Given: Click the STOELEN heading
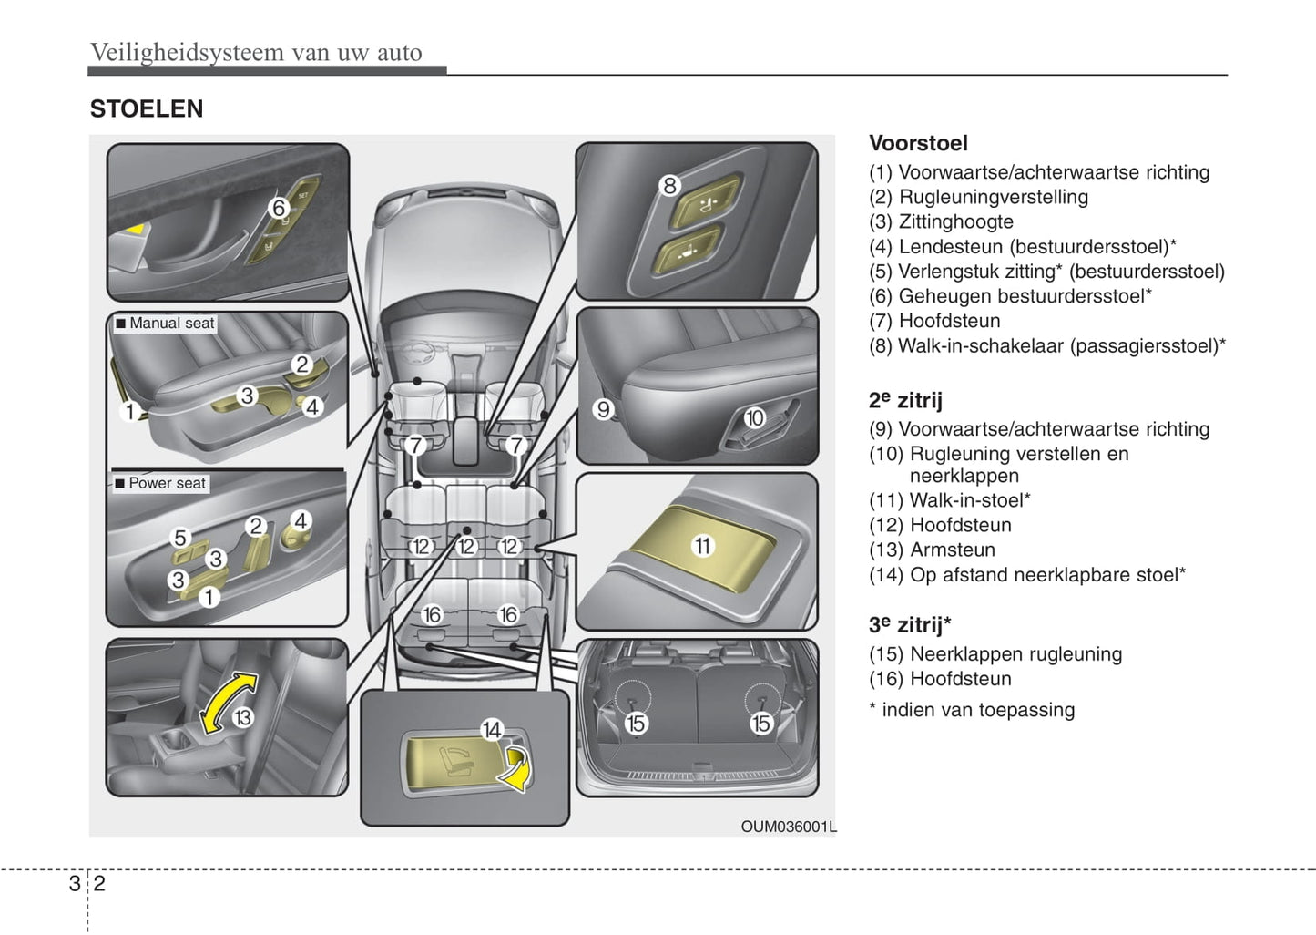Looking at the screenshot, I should click(146, 109).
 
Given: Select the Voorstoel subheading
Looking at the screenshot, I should click(917, 143).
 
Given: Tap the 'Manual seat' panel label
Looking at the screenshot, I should click(165, 324).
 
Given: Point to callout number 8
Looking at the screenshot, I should click(669, 186).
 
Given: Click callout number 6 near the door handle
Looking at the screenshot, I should click(279, 209).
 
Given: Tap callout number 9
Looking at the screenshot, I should click(603, 409).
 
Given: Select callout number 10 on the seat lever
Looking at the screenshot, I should click(754, 418).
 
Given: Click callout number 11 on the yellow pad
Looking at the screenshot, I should click(703, 546).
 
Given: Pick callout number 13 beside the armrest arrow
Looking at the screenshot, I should click(242, 718).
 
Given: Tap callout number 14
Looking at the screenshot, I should click(492, 730).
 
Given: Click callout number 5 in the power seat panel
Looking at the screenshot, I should click(180, 538).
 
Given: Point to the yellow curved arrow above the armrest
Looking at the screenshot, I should click(227, 702).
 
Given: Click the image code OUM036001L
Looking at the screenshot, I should click(788, 827).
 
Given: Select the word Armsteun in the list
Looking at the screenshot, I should click(953, 550).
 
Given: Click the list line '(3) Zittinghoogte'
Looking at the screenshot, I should click(941, 221).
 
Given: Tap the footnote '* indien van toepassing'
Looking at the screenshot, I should click(972, 710).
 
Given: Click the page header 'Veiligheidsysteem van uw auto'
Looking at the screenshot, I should click(256, 53).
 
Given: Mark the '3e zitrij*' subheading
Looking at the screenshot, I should click(909, 625).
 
